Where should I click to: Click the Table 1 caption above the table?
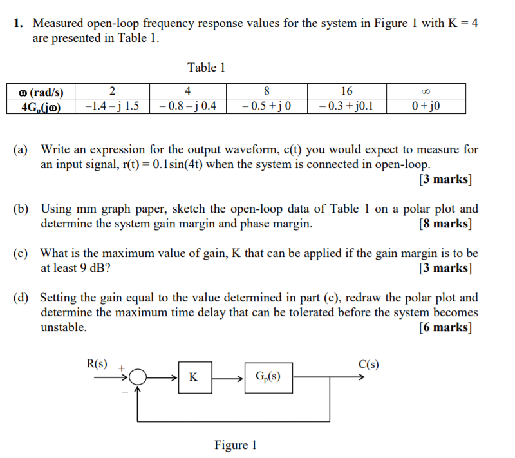click(x=206, y=67)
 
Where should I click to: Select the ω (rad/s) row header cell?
click(x=41, y=91)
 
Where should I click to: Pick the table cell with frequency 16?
click(x=347, y=91)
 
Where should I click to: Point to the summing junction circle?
click(x=138, y=377)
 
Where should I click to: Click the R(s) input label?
click(x=97, y=363)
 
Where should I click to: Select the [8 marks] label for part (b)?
click(x=445, y=224)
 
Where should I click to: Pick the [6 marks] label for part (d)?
click(x=445, y=327)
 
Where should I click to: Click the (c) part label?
click(x=21, y=253)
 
